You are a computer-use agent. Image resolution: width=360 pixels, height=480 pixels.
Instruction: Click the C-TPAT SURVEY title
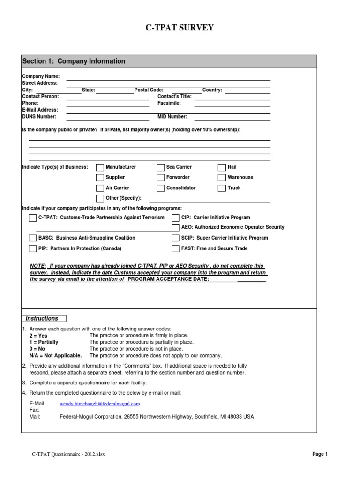180,28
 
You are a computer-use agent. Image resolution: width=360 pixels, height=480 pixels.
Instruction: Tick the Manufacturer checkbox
100,167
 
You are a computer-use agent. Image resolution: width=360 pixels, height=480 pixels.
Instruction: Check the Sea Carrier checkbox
161,167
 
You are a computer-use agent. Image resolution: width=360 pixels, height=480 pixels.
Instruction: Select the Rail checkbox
222,167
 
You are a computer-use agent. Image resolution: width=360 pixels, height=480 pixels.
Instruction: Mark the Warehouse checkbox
222,178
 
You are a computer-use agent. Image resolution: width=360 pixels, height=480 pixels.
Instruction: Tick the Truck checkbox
222,188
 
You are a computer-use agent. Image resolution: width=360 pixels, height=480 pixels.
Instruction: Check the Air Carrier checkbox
100,188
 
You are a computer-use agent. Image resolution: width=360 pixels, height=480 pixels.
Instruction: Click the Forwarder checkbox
161,178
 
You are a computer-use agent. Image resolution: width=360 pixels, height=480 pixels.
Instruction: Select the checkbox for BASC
32,238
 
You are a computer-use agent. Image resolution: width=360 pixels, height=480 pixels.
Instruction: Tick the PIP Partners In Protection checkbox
32,249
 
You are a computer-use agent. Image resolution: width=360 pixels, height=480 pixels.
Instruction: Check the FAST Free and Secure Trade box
175,249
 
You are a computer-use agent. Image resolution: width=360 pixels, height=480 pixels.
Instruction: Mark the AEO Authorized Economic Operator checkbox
175,227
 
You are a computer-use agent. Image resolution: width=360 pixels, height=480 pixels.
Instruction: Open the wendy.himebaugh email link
100,404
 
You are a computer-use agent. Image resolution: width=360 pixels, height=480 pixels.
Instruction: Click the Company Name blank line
168,77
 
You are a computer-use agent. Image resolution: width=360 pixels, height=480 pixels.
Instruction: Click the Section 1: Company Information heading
74,61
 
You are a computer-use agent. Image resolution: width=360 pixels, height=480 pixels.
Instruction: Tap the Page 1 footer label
320,454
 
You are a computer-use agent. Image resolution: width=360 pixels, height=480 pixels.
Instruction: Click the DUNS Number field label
39,116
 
